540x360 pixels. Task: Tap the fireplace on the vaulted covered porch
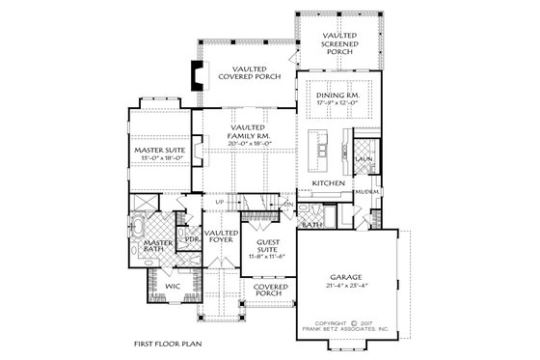pos(198,75)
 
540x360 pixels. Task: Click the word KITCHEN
pos(328,181)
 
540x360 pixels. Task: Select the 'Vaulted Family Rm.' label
pos(248,133)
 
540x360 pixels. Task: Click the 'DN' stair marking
pos(287,205)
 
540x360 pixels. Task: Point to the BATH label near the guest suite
pos(311,224)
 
